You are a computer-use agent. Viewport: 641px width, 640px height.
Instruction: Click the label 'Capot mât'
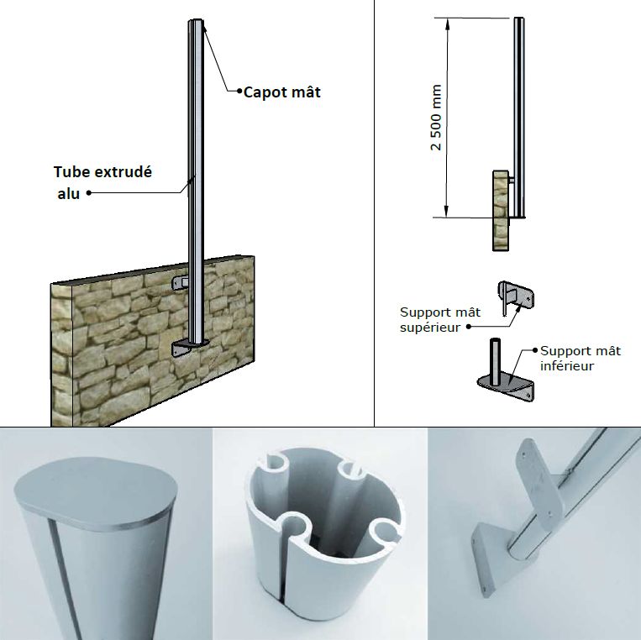coord(281,92)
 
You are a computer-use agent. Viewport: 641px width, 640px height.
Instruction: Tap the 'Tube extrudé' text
coord(102,172)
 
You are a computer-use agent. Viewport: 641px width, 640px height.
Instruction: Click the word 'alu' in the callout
coord(68,194)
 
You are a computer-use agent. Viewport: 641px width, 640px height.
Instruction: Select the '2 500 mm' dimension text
coord(436,118)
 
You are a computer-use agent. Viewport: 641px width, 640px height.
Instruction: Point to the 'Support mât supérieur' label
coord(440,320)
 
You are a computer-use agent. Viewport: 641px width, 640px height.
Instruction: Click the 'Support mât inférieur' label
coord(581,358)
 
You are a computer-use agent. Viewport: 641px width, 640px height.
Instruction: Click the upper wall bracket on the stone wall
coord(181,283)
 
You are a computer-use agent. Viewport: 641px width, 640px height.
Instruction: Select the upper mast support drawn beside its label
coord(516,297)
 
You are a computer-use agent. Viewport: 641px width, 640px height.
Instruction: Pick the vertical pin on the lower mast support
coord(495,361)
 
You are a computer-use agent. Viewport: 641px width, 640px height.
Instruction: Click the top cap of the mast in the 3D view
coord(196,20)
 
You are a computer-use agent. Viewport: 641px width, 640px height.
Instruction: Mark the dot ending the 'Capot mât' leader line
coord(239,91)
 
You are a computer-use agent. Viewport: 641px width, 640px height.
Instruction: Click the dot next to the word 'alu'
coord(89,193)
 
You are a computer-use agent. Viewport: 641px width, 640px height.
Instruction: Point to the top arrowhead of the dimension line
coord(448,24)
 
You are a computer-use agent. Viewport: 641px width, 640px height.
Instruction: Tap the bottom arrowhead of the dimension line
coord(447,212)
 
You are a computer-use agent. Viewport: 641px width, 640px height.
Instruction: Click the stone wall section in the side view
coord(501,211)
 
